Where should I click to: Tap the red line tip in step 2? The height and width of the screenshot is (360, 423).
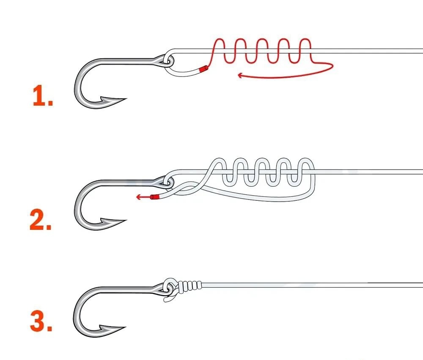[x=156, y=196]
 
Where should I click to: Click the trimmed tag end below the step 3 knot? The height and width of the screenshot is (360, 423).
[x=168, y=300]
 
